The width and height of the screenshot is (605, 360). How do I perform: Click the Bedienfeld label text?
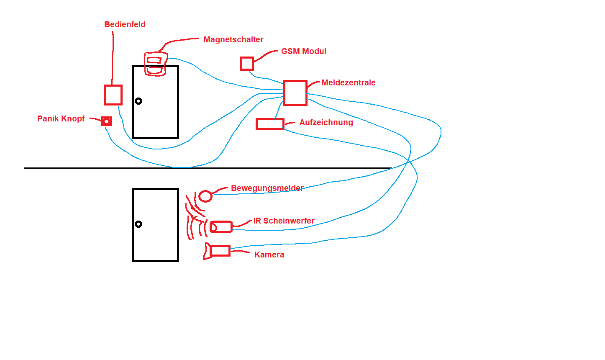click(x=125, y=25)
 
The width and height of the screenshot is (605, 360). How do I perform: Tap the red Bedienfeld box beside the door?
click(x=113, y=95)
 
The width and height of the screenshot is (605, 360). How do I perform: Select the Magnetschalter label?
click(x=233, y=40)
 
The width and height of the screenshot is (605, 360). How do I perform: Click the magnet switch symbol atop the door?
click(x=155, y=64)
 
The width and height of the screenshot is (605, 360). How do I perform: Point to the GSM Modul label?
click(x=303, y=51)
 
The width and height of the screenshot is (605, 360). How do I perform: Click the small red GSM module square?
click(x=246, y=64)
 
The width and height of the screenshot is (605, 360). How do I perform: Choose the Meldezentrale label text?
click(x=348, y=83)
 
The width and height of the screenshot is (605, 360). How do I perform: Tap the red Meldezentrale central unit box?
click(x=295, y=93)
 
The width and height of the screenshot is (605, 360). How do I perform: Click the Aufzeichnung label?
click(x=326, y=123)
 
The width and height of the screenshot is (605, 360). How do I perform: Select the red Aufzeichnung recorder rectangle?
click(x=270, y=124)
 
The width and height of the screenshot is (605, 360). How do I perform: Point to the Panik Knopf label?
click(x=61, y=119)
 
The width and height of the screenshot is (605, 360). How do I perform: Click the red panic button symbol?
click(x=106, y=121)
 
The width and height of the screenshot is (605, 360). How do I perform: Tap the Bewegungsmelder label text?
click(x=267, y=188)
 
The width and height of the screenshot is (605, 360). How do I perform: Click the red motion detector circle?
click(x=205, y=196)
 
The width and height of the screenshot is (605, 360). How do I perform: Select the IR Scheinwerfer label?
click(x=284, y=221)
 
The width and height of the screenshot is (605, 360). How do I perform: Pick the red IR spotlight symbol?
click(x=220, y=227)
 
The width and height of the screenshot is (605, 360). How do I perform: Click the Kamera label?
click(x=269, y=255)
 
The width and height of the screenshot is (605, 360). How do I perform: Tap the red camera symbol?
click(x=218, y=251)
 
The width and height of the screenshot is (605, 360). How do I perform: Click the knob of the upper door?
click(x=138, y=101)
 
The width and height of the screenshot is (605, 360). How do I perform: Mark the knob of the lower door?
click(x=138, y=224)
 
